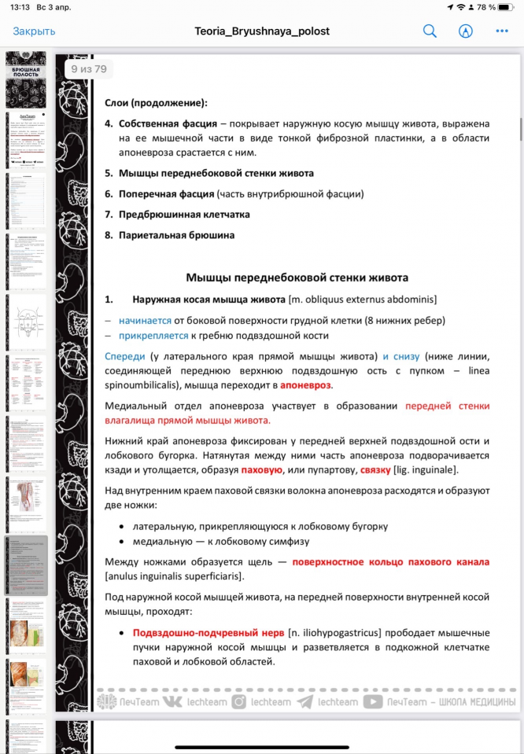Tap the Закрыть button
click(x=34, y=31)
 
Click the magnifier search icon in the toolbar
click(x=430, y=31)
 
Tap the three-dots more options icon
click(x=502, y=31)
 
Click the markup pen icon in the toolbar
click(x=466, y=31)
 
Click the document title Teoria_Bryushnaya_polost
click(x=262, y=31)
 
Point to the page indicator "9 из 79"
click(x=89, y=69)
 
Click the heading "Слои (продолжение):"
click(x=156, y=103)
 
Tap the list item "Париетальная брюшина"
click(x=176, y=234)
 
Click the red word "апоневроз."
click(x=306, y=385)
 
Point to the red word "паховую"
click(x=261, y=470)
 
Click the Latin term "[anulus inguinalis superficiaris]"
click(x=174, y=576)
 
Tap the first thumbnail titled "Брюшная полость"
click(x=26, y=79)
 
